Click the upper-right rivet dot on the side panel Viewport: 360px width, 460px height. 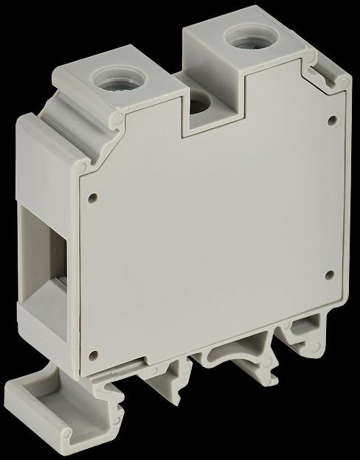tap(331, 118)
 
